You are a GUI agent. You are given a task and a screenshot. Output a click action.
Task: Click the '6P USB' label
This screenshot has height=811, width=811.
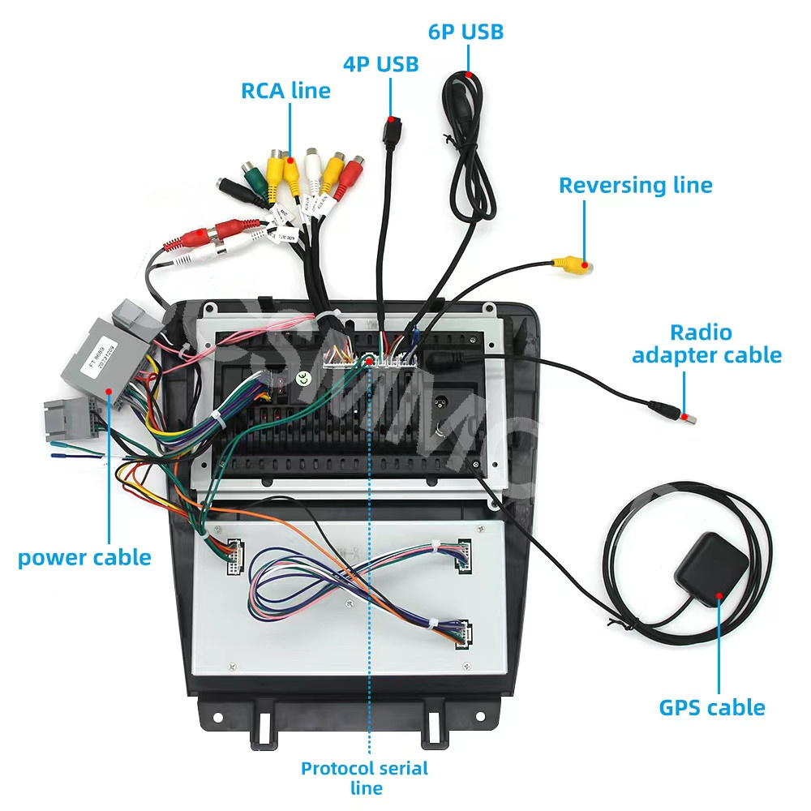[466, 32]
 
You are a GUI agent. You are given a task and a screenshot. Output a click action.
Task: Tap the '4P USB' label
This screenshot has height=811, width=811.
[380, 64]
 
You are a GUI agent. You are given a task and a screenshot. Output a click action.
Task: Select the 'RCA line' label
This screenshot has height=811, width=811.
[285, 90]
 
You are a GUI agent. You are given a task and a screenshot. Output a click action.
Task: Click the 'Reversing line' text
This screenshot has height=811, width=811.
[635, 185]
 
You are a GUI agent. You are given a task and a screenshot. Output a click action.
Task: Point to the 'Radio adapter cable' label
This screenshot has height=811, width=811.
[706, 344]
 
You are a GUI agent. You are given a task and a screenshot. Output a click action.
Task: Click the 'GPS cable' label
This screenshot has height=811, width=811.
[712, 707]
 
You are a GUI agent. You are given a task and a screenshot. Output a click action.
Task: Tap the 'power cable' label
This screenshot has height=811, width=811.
[84, 558]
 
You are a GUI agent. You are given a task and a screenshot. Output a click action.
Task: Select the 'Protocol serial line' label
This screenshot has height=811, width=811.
[364, 777]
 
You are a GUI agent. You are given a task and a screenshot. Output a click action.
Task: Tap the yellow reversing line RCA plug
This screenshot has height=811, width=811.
[572, 264]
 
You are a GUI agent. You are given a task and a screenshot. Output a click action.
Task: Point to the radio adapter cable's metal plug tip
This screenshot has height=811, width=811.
[686, 418]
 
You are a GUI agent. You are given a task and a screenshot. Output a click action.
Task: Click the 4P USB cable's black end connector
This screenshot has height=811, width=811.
[391, 134]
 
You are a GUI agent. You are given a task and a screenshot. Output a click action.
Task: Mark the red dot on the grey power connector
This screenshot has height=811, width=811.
[108, 391]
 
